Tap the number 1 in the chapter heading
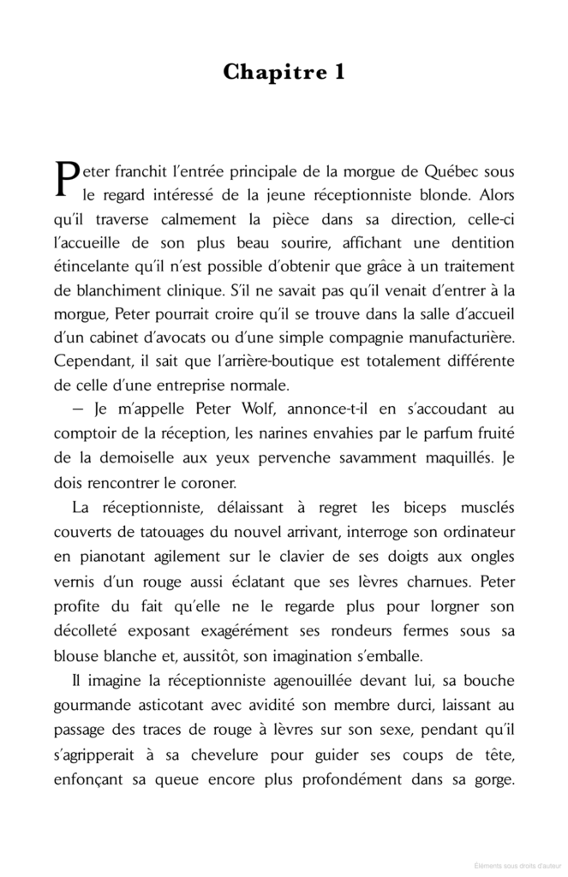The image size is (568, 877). pos(339,73)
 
